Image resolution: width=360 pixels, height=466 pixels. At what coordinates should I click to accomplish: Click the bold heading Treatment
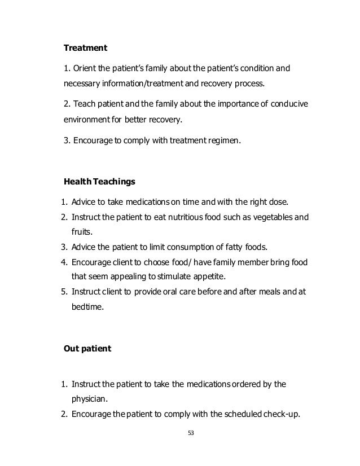pyautogui.click(x=85, y=49)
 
